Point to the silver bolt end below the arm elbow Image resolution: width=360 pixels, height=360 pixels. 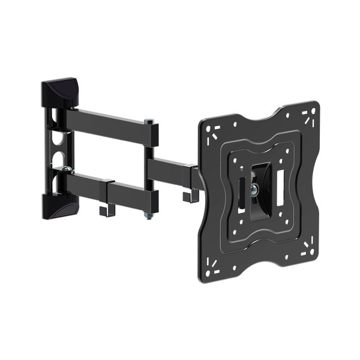(146, 216)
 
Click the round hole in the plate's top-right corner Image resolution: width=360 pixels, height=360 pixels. (310, 118)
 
